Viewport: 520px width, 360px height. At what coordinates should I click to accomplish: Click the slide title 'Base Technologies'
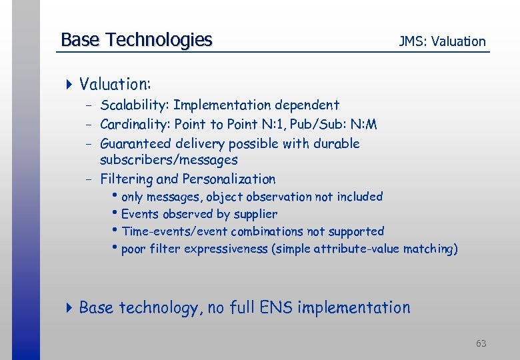pos(136,40)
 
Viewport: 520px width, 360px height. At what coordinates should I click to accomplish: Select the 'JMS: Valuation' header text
pos(442,41)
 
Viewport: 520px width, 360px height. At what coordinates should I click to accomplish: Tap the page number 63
pos(481,343)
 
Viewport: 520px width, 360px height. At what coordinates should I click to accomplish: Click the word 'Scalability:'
pos(136,105)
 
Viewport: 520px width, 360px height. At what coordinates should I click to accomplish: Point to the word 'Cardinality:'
pos(135,124)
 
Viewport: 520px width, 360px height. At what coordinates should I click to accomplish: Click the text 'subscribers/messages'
pos(169,160)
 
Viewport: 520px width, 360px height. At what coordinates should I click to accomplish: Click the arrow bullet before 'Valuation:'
pos(69,84)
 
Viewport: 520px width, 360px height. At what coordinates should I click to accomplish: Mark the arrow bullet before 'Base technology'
pos(69,307)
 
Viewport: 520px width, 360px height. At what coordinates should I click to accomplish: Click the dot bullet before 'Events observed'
pos(117,214)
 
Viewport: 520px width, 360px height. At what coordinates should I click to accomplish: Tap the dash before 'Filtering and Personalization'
pos(88,179)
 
